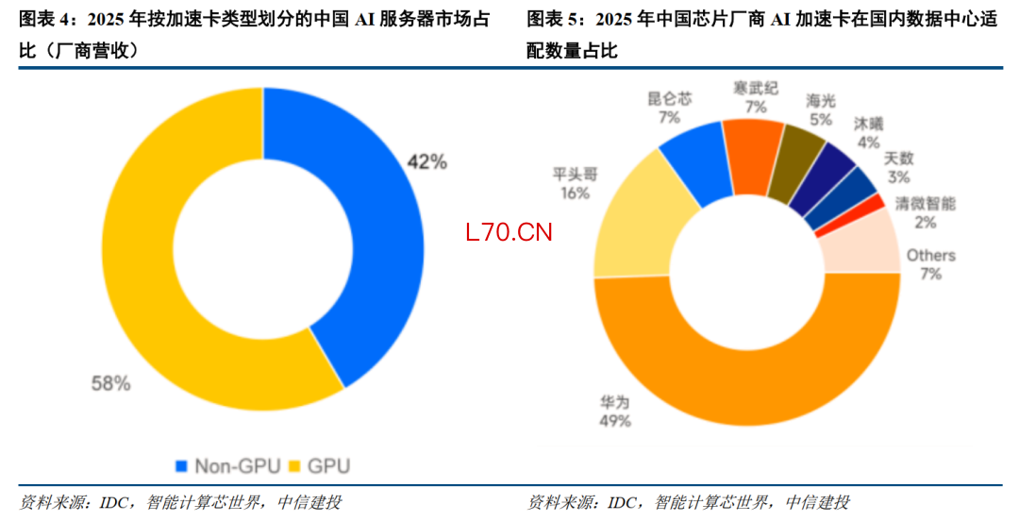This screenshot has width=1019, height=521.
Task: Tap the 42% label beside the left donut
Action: click(x=426, y=161)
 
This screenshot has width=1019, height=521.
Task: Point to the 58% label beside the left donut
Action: click(x=110, y=383)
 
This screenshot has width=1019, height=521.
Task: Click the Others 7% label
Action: click(x=930, y=264)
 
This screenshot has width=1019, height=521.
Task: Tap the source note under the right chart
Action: click(x=688, y=502)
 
